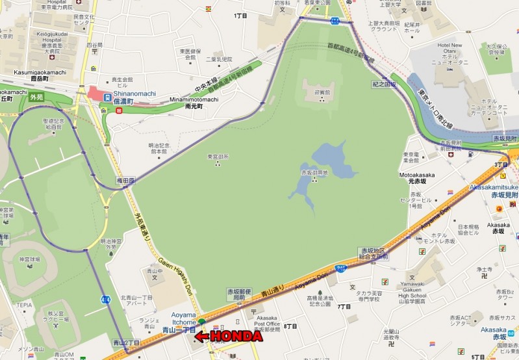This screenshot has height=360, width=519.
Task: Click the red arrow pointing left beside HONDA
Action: click(x=202, y=337)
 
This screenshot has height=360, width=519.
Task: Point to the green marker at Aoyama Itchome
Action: click(x=201, y=322)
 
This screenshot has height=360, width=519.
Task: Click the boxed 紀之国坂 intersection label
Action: click(x=384, y=83)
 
